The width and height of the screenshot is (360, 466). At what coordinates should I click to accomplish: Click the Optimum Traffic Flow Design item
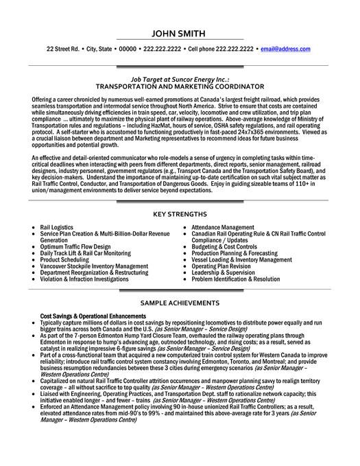pos(76,246)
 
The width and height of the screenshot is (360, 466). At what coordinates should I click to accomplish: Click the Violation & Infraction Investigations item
pos(84,279)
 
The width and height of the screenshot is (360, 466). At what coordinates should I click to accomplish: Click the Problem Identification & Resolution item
pos(236,279)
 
